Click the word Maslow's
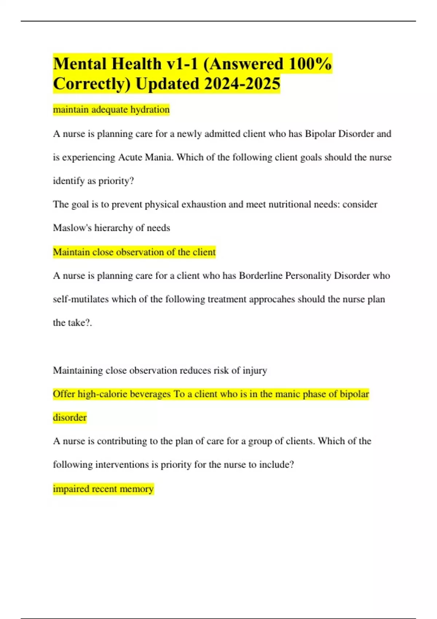coord(72,228)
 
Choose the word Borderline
coord(261,276)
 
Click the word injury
coord(255,371)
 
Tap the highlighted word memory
coord(136,489)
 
